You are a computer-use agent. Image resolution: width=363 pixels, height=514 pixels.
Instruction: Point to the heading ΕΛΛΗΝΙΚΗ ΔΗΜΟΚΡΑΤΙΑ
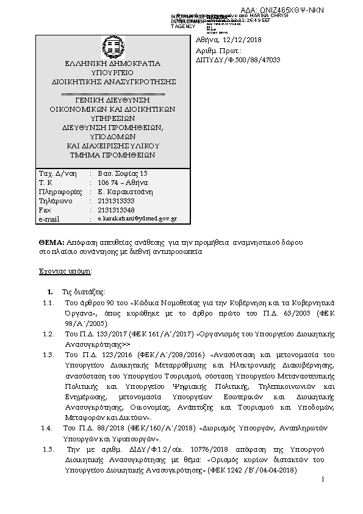pyautogui.click(x=113, y=63)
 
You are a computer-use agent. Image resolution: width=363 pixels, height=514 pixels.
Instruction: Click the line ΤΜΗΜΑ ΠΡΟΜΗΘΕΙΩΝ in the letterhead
pyautogui.click(x=113, y=154)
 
